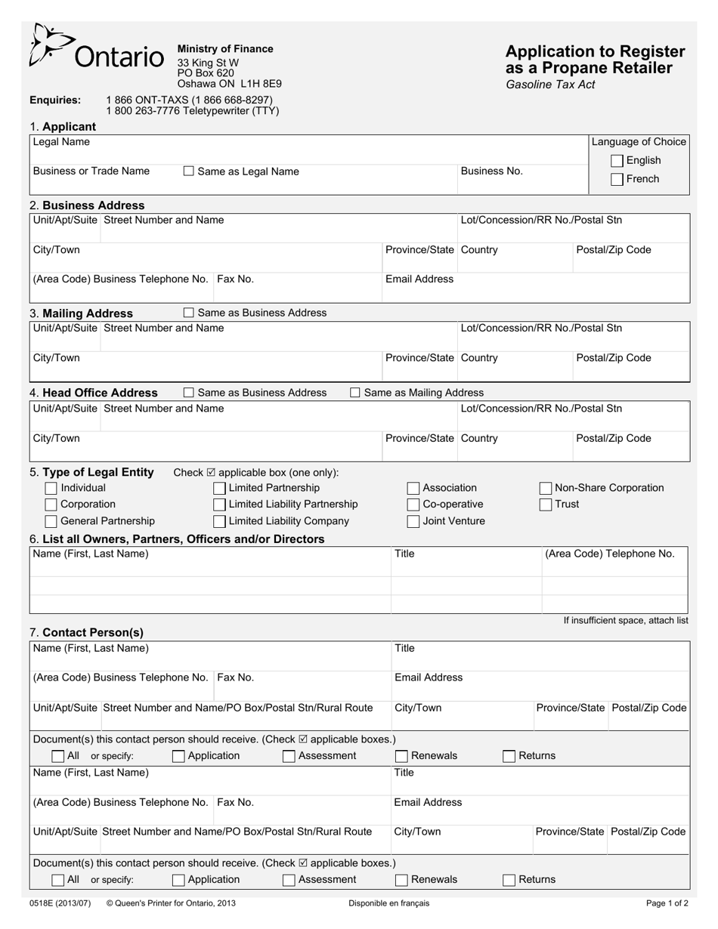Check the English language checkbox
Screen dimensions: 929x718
617,161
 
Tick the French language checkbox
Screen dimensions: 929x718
617,180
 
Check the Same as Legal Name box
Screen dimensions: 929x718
189,171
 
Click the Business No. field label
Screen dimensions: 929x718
491,171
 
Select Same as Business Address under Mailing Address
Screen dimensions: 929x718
189,313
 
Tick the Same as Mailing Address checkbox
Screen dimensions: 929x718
355,393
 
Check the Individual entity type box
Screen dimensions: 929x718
51,489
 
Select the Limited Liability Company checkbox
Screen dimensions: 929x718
219,522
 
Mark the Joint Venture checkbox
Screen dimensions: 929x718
413,522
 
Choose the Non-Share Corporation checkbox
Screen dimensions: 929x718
546,489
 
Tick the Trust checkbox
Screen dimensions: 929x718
546,505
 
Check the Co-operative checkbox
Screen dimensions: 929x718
413,505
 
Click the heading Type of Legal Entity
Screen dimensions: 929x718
98,473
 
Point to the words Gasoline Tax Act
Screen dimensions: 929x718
550,85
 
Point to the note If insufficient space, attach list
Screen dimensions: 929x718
626,621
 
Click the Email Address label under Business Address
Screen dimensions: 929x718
419,279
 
